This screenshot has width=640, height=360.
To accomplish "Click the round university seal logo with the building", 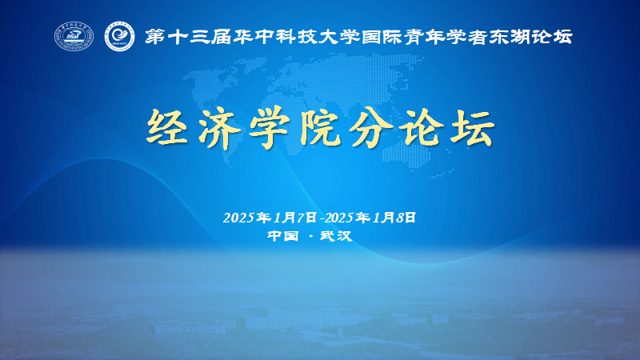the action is coord(74,36).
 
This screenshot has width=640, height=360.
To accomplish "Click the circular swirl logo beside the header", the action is coord(119,37).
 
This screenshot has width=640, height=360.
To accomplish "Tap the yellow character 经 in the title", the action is coord(167,126).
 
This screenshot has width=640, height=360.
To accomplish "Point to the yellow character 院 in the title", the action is coord(320,127).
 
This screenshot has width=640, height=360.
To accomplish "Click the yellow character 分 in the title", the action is coord(370,127).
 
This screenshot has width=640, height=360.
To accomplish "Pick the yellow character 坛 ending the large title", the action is coord(473,127).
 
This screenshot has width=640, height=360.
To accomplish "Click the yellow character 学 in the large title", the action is coord(270,127).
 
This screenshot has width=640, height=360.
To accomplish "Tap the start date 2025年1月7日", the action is coord(270,218).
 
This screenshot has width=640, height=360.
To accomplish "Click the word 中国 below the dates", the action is coord(283,236).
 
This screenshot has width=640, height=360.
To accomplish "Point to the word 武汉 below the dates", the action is coord(336,236).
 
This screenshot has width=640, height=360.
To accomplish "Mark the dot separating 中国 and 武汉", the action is coord(311,236).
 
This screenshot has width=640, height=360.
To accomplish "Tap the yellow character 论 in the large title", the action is coord(422,127).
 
